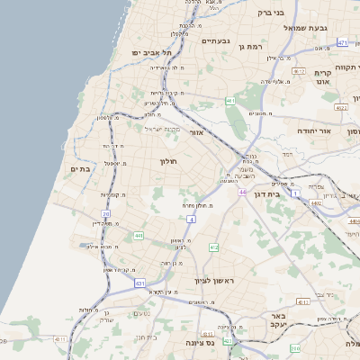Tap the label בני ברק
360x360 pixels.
[270, 13]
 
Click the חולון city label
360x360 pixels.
[169, 161]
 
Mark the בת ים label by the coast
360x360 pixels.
[79, 168]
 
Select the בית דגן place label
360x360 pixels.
[288, 193]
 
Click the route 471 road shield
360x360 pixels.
[342, 42]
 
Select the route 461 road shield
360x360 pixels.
[230, 101]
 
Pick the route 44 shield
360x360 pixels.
[242, 192]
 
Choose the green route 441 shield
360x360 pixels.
[138, 236]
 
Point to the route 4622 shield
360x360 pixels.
[341, 107]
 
